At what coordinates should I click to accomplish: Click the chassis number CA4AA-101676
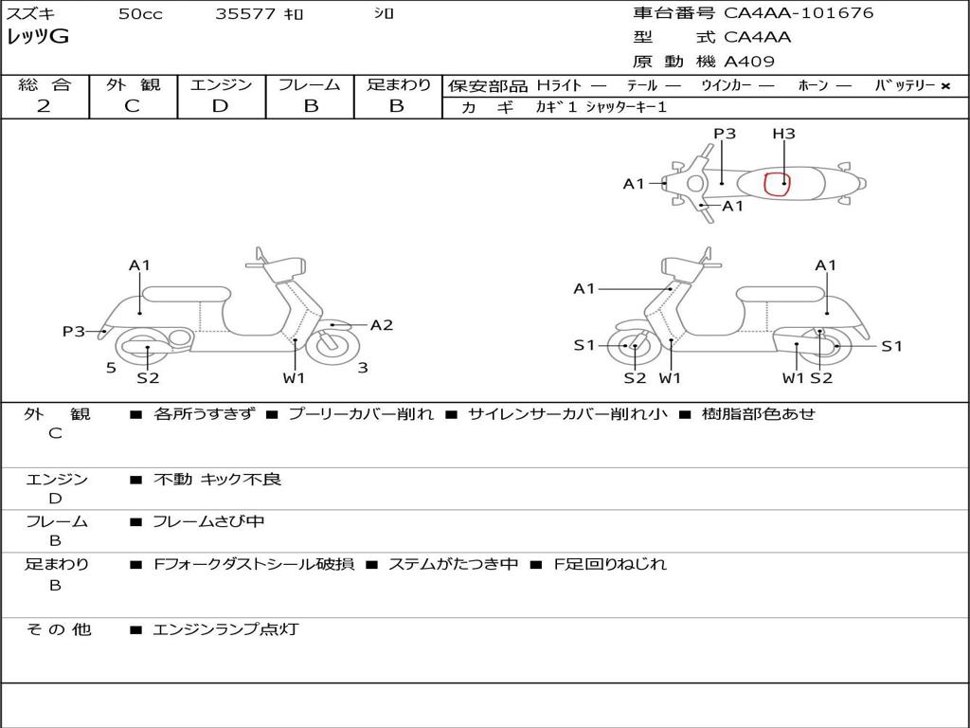799,13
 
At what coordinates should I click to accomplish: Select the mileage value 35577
245,14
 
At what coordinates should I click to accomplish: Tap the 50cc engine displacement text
140,14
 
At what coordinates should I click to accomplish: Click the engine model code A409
749,62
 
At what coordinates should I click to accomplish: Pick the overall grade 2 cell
45,106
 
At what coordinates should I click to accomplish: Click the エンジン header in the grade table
222,85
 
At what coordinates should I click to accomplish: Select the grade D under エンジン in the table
221,106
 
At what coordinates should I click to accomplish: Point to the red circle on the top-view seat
778,182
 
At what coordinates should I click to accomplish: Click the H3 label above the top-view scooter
783,134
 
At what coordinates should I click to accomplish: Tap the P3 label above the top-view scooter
725,134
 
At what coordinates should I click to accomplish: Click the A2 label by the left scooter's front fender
382,325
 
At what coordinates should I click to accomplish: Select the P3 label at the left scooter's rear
74,332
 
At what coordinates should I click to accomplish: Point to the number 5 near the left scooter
111,368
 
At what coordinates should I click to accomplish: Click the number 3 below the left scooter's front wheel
363,368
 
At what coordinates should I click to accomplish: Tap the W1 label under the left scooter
295,379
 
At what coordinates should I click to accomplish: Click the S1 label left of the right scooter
584,346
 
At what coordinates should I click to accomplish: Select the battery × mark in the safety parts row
944,86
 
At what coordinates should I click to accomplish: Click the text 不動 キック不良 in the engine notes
217,480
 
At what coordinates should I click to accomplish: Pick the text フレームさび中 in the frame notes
208,521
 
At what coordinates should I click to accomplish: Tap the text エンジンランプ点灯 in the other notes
225,629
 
